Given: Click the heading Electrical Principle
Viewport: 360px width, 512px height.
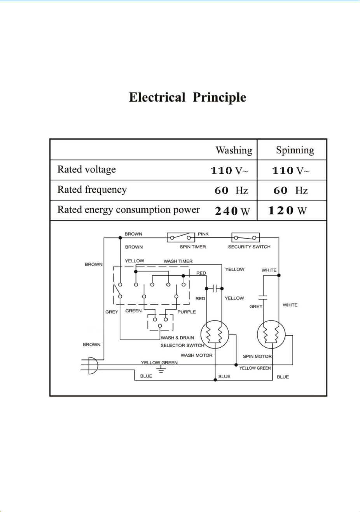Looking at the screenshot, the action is point(187,98).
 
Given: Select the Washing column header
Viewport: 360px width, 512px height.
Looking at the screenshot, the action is point(234,150).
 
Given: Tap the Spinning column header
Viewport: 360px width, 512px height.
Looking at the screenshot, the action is point(295,150).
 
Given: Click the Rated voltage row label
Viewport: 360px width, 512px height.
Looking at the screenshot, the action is point(86,170).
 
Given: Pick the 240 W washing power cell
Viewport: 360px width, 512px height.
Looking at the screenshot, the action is point(232,211).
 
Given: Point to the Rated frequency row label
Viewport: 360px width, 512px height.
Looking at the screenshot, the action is point(92,190).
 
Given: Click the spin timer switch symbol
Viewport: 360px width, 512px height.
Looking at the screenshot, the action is point(181,237).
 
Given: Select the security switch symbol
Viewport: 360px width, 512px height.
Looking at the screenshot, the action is point(245,237).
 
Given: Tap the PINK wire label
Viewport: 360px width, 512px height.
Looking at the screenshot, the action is point(203,234).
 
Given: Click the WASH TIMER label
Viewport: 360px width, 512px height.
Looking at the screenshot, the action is point(178,261).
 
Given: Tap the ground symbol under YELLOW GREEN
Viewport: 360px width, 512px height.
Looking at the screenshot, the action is point(161,369).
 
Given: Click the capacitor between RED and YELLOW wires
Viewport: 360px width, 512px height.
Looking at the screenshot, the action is point(215,289).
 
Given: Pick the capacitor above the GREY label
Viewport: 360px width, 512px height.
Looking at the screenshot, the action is point(263,297).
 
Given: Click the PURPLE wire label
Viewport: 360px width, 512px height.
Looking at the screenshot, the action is point(187,312).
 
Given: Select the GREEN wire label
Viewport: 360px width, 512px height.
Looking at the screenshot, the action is point(133,311).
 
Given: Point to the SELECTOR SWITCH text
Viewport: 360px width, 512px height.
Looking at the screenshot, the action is point(182,345).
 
